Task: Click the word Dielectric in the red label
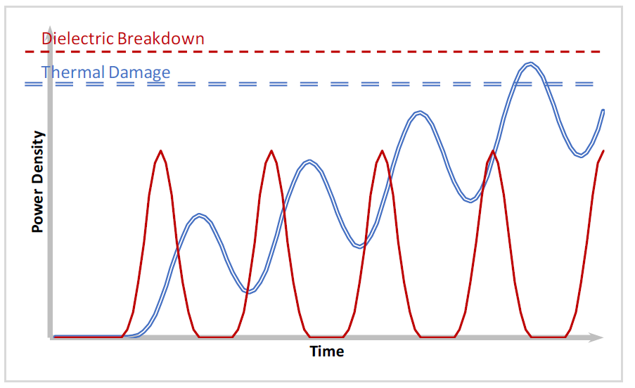tap(77, 39)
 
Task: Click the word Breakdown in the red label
tap(161, 39)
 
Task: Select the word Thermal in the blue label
tap(73, 72)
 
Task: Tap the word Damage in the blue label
tap(139, 73)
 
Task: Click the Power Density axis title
tap(37, 181)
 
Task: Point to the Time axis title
tap(327, 351)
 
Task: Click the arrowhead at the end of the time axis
tap(597, 337)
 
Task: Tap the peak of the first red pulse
tap(161, 151)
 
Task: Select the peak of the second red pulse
tap(271, 151)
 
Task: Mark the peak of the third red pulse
tap(382, 151)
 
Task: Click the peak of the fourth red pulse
tap(492, 151)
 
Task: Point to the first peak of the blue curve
tap(199, 215)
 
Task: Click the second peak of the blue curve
tap(309, 161)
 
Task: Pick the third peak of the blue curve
tap(420, 112)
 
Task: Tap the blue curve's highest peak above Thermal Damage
tap(530, 63)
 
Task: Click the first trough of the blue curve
tap(250, 292)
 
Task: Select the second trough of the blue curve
tap(359, 247)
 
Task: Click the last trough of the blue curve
tap(581, 155)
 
